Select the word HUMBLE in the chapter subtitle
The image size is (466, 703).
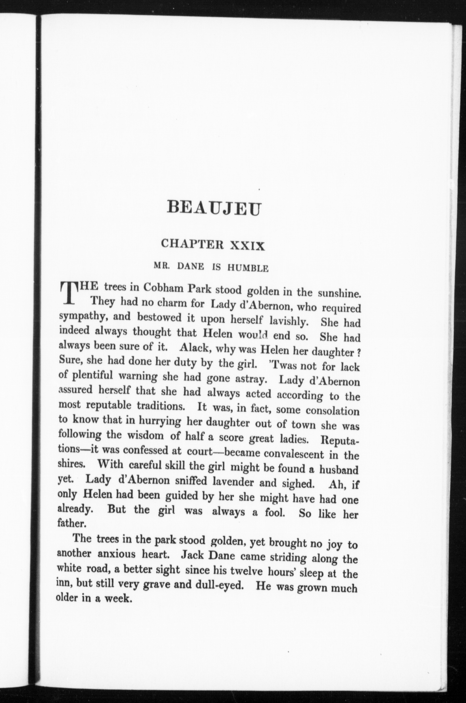click(x=248, y=269)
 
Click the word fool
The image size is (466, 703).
click(x=275, y=512)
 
